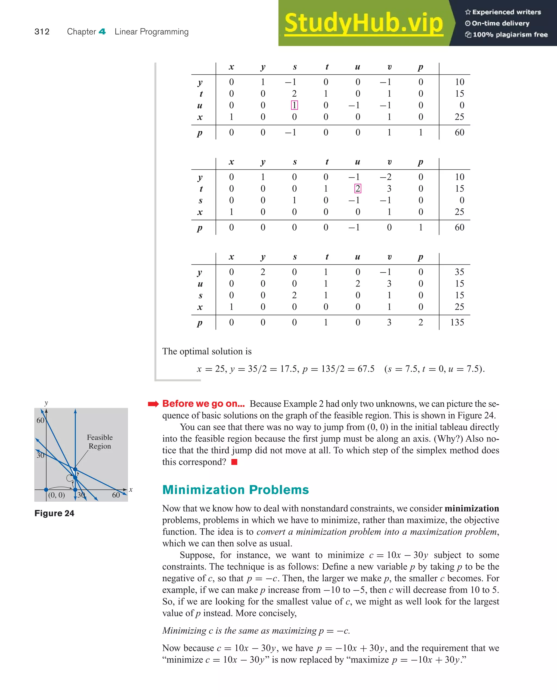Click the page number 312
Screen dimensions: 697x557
tap(42, 32)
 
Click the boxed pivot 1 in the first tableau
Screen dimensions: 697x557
tap(294, 105)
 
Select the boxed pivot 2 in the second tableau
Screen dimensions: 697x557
tap(358, 189)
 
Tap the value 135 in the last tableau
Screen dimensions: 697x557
tap(457, 322)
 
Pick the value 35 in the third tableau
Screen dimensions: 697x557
tap(459, 272)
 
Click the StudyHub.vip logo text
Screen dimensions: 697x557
tap(363, 23)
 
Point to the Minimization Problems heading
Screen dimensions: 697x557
tap(235, 490)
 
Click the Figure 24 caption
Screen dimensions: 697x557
tap(54, 513)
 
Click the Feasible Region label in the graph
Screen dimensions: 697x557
tap(100, 442)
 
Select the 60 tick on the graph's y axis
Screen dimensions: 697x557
tap(40, 420)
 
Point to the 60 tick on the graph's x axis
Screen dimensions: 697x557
tap(116, 495)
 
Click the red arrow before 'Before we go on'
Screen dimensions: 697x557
tap(153, 404)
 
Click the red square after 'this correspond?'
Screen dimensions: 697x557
tap(234, 462)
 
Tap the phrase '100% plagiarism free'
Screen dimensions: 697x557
tap(510, 35)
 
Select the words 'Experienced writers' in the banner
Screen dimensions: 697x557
tap(506, 12)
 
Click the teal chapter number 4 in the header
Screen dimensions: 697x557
tap(102, 32)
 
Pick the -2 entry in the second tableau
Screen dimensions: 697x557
tap(386, 177)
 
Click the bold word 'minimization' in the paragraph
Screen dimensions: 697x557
tap(471, 508)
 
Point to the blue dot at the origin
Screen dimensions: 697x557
tap(46, 490)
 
